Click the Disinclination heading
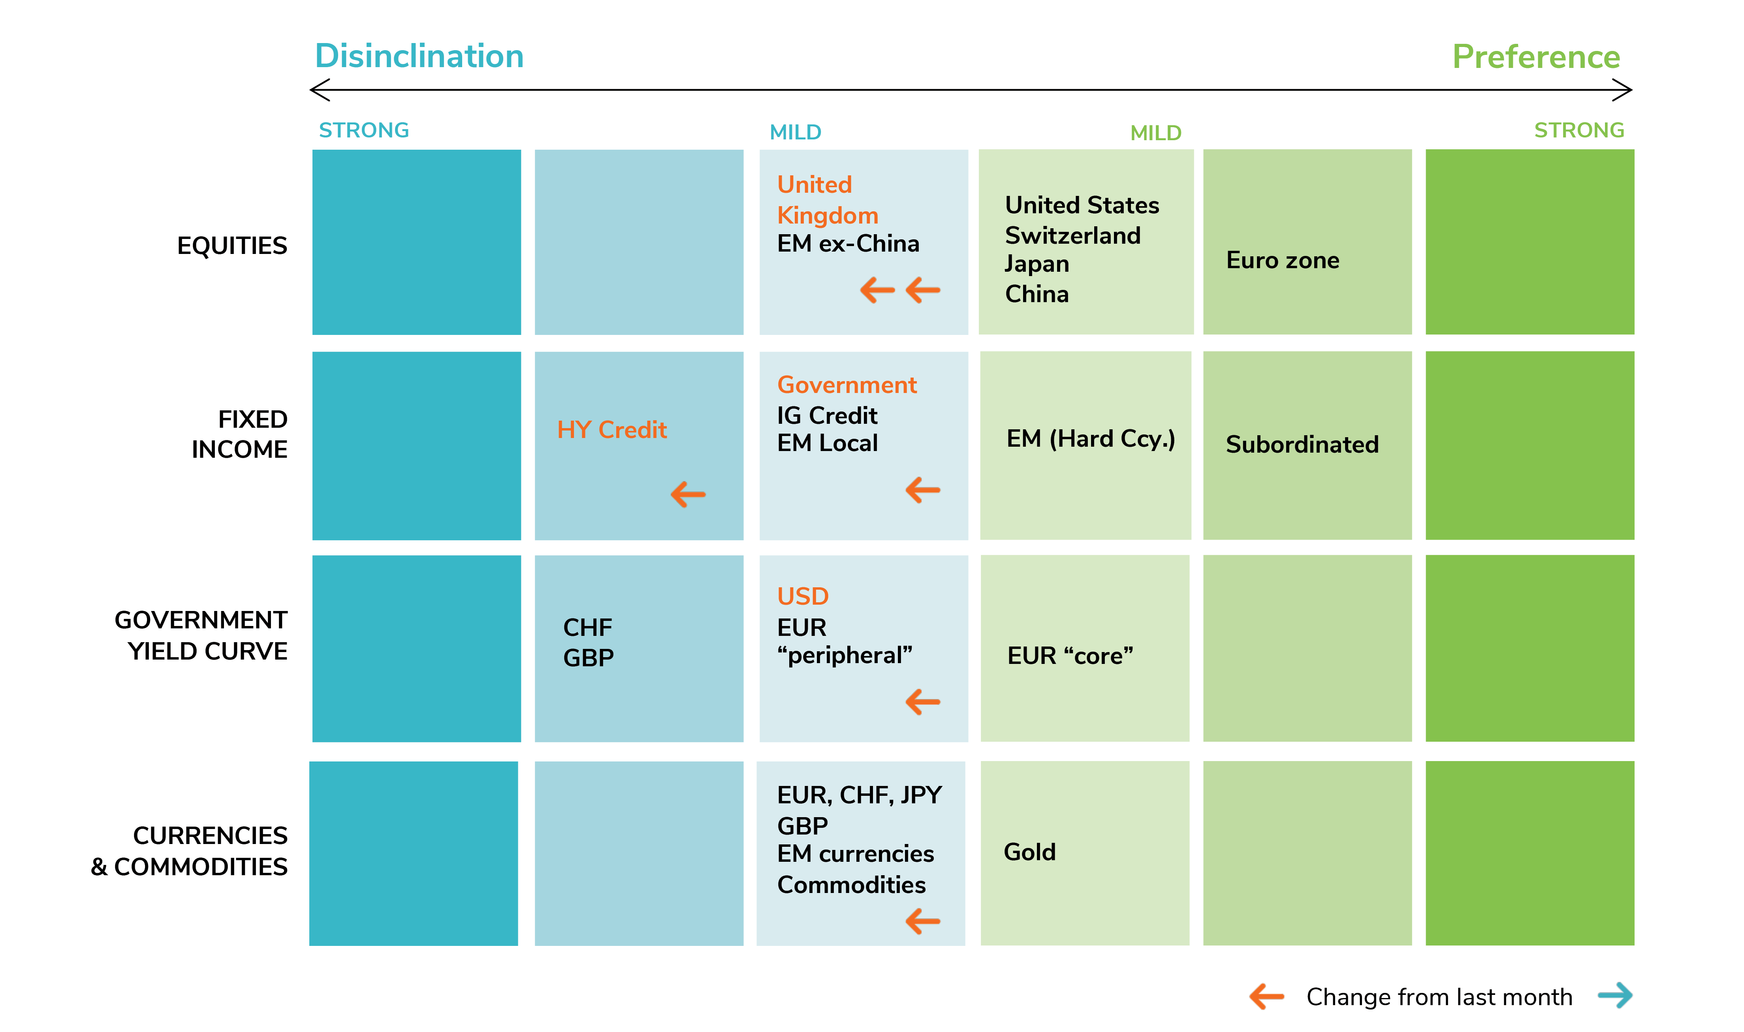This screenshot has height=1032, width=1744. [420, 56]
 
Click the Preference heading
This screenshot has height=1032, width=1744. [1536, 56]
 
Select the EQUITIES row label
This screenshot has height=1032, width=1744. [232, 246]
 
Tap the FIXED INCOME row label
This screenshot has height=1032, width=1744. [239, 434]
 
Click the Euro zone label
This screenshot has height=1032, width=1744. [1282, 260]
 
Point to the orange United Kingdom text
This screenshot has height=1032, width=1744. [828, 199]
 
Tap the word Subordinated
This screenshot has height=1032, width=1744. [1302, 444]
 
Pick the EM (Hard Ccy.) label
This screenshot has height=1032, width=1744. [1090, 439]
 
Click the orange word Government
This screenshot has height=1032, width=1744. [847, 385]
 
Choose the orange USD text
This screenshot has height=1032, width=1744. [802, 596]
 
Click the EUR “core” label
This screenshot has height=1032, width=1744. [1070, 656]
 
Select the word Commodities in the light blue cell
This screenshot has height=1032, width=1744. [851, 885]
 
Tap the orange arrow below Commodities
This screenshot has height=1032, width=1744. [923, 921]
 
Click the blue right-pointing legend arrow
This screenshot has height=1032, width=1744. [1615, 995]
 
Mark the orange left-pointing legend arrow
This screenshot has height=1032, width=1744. [1266, 996]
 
